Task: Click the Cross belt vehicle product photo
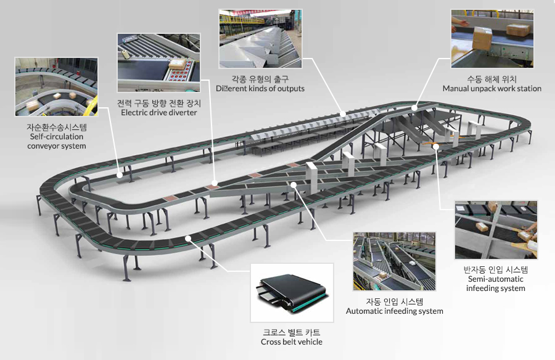click(292, 293)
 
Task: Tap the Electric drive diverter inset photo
click(159, 63)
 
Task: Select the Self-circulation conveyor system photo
click(56, 87)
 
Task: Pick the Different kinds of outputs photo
click(260, 39)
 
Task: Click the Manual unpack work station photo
click(492, 39)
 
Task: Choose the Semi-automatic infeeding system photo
click(496, 230)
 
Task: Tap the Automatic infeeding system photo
click(394, 261)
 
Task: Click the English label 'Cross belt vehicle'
click(292, 342)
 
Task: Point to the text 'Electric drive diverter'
click(159, 113)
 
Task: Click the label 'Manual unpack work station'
click(492, 89)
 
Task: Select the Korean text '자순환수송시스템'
click(57, 127)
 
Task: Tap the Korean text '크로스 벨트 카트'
click(292, 332)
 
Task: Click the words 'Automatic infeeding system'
click(394, 311)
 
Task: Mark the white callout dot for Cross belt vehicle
click(188, 239)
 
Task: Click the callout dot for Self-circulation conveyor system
click(120, 175)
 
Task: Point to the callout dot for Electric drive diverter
click(214, 182)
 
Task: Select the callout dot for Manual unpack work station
click(414, 108)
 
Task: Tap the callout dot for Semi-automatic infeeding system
click(436, 146)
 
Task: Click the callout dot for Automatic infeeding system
click(294, 184)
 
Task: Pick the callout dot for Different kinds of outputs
click(343, 114)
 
